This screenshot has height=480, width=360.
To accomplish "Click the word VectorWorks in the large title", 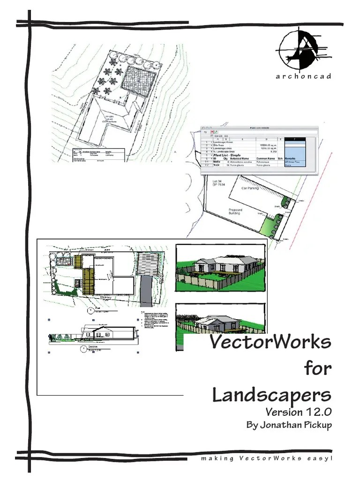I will [x=270, y=342].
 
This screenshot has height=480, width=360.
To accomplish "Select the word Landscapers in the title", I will [x=271, y=395].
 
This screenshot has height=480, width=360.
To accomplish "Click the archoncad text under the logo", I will [x=303, y=76].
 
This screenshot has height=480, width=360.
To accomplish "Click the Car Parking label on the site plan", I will [x=250, y=188].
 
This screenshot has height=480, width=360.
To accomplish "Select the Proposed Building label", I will [x=235, y=211].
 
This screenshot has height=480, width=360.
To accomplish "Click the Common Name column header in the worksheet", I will [x=265, y=159].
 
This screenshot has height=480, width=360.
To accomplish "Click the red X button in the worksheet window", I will [x=212, y=132].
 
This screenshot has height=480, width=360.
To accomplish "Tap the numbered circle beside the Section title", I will [x=83, y=348].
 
